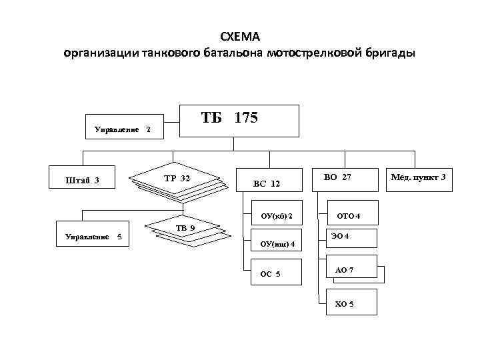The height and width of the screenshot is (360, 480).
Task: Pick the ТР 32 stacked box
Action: tap(176, 178)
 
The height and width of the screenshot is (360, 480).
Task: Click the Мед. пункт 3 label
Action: tap(419, 176)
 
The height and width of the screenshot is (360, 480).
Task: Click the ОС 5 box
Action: tap(272, 274)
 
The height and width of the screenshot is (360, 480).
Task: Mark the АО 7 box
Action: tap(347, 269)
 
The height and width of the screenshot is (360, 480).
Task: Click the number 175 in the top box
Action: tap(246, 118)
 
